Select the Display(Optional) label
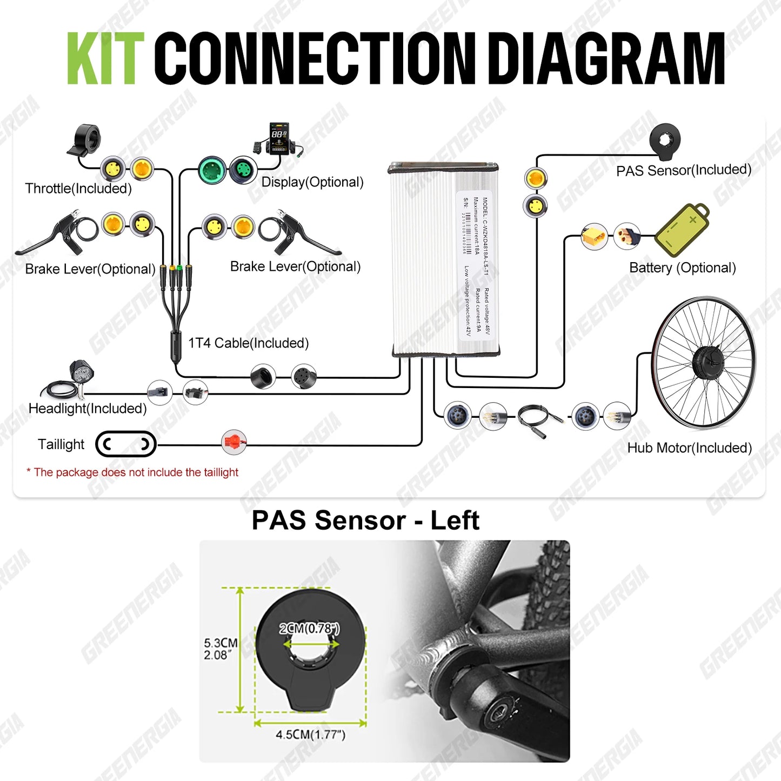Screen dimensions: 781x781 pos(312,182)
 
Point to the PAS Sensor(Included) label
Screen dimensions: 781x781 pos(684,170)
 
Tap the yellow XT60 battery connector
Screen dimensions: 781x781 pos(593,237)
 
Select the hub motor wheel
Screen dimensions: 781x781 pos(704,362)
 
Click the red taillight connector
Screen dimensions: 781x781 pos(234,443)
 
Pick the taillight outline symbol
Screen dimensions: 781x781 pos(126,444)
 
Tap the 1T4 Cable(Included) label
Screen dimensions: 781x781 pos(248,343)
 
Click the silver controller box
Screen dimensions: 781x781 pos(444,259)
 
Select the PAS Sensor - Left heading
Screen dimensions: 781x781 pos(365,520)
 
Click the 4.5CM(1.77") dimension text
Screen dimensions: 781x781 pos(310,735)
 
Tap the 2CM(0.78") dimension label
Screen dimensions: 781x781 pos(309,628)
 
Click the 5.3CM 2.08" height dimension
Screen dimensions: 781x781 pos(220,649)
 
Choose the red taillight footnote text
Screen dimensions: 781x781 pos(132,472)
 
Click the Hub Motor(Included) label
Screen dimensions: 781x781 pos(689,448)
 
